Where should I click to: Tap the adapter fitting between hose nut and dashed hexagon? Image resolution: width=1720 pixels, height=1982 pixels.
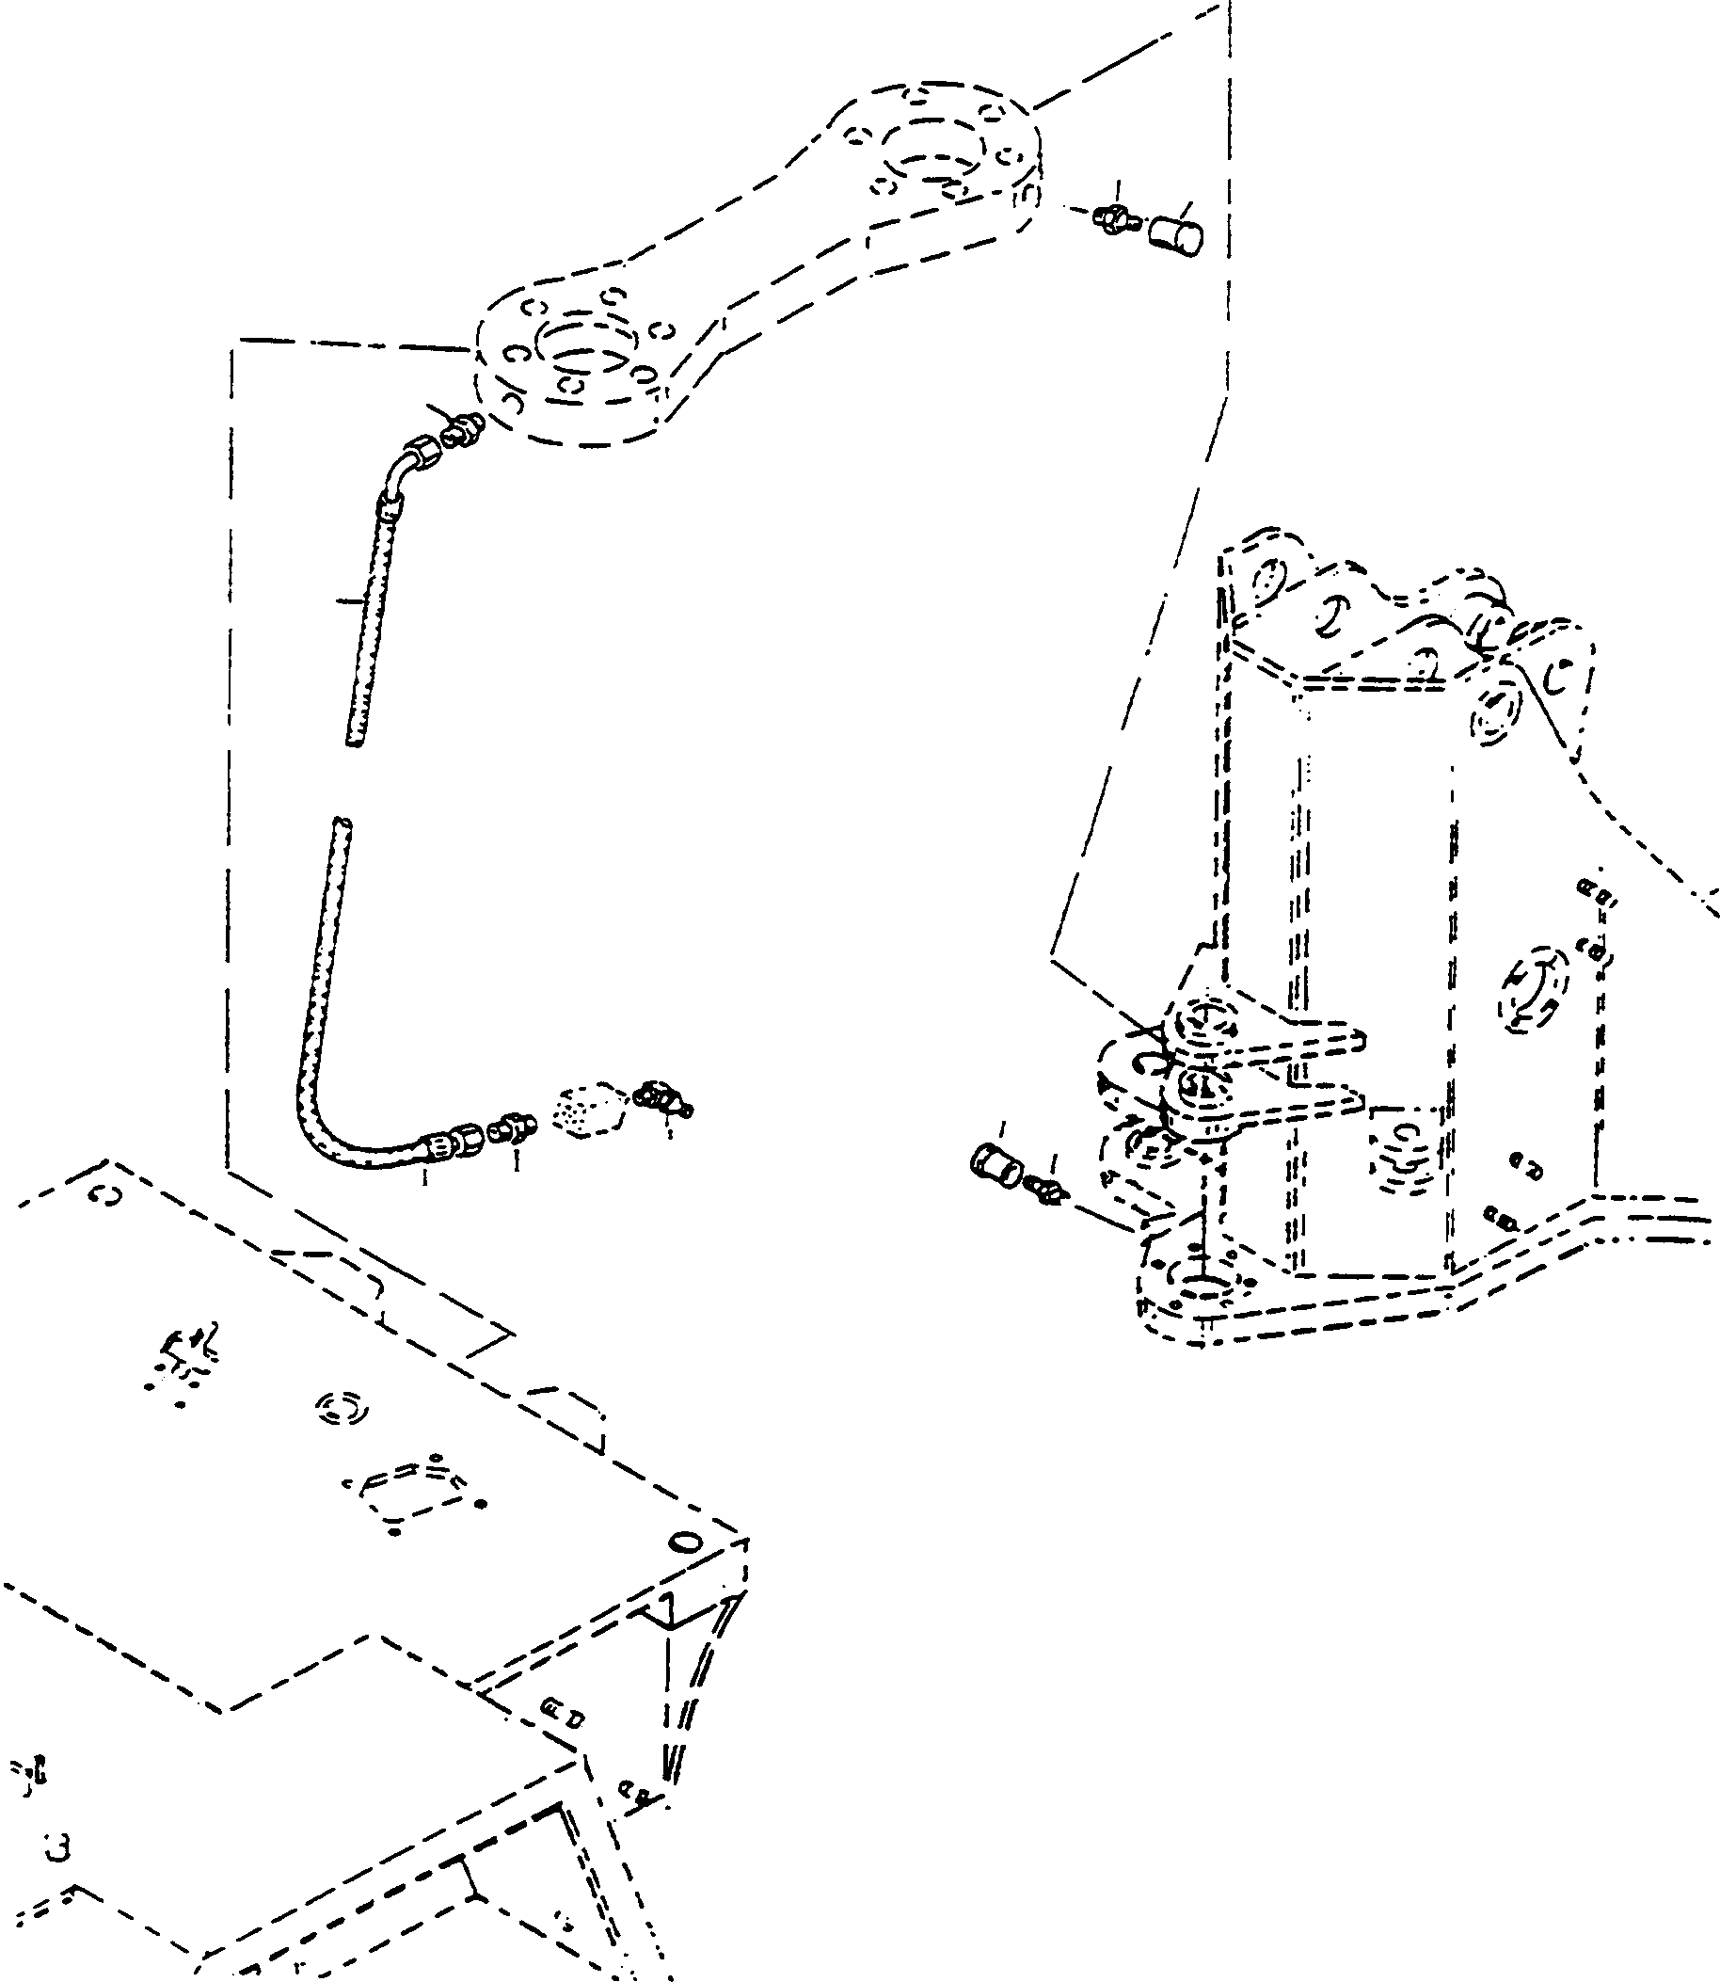511,1127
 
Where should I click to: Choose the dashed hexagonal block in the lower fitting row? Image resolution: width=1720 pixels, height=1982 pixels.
587,1111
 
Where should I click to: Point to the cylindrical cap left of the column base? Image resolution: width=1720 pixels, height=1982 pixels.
995,1164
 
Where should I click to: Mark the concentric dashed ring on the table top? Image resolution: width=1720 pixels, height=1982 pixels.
341,1407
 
